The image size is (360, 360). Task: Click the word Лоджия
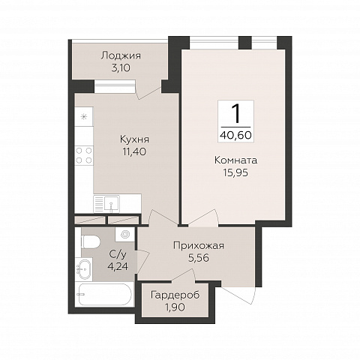coord(121,55)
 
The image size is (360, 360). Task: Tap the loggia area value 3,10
coord(121,67)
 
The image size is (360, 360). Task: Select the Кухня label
coord(134,139)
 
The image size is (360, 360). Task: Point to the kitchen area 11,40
coord(134,151)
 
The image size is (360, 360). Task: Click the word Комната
coord(235,160)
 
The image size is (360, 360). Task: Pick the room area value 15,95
coord(235,172)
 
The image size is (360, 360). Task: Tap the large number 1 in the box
coord(235,114)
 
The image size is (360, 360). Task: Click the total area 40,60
coord(235,135)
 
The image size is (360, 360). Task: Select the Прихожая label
coord(199,246)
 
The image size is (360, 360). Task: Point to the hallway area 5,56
coord(199,258)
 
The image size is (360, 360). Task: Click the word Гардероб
coord(175,295)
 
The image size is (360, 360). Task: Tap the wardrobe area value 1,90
coord(175,307)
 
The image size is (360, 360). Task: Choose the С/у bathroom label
coord(118,254)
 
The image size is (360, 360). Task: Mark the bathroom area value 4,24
coord(118,266)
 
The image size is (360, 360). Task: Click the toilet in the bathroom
coord(91,241)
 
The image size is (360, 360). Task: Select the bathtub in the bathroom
coord(104,295)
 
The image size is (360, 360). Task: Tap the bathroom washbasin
coord(84,269)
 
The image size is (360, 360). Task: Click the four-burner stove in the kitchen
coord(84,155)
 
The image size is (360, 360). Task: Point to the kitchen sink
coord(112,203)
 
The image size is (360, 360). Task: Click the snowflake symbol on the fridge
coord(84,116)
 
